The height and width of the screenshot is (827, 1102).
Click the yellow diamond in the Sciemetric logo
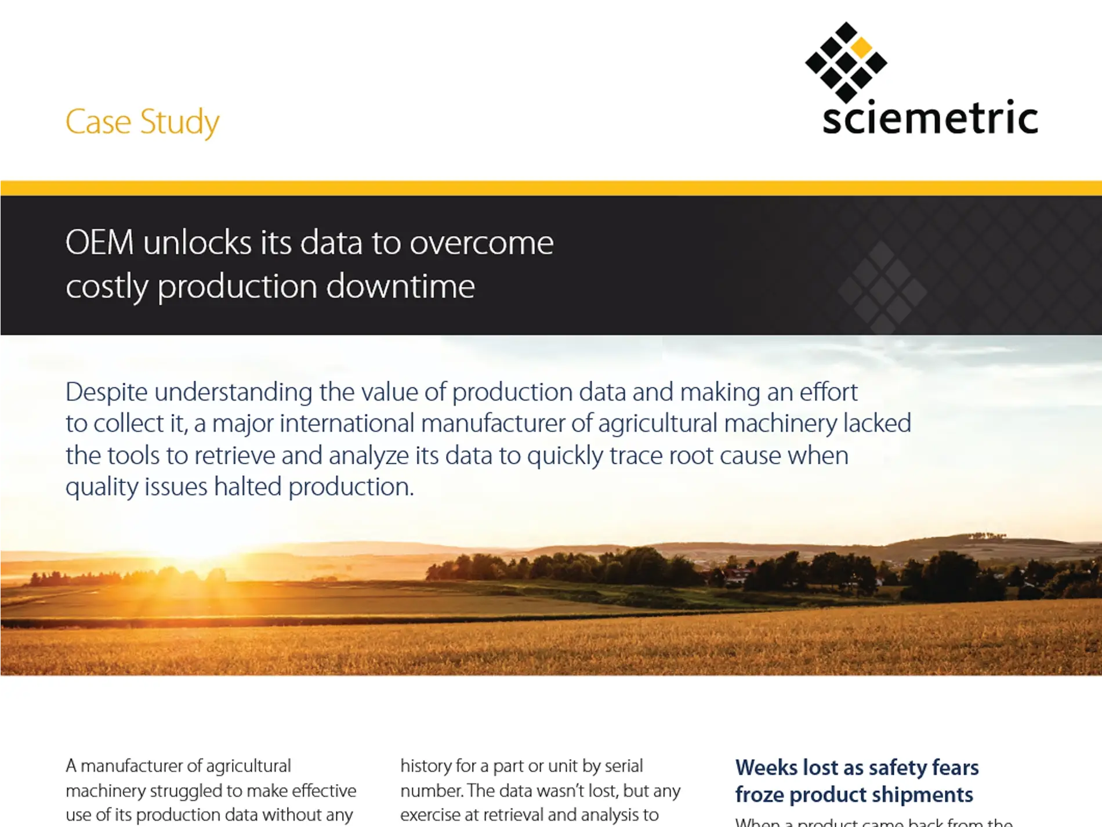(861, 48)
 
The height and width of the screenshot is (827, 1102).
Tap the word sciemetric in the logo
(930, 118)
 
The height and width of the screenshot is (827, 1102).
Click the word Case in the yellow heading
(98, 122)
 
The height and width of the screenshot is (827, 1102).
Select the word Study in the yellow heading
(180, 123)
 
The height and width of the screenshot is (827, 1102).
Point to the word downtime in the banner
(400, 286)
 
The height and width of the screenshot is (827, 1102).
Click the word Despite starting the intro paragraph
(107, 393)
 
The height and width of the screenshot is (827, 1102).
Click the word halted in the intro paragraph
(248, 486)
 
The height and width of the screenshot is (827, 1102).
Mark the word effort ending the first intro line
(828, 392)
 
